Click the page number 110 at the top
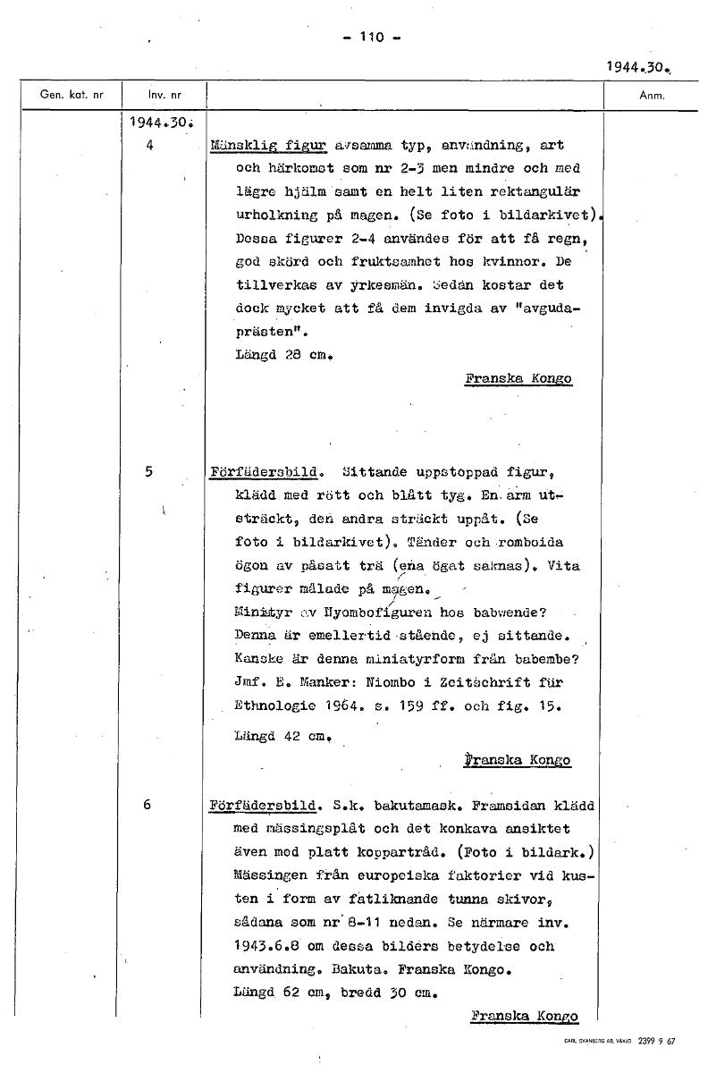(x=370, y=37)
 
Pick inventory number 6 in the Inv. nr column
(x=148, y=805)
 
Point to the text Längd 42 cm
(x=278, y=738)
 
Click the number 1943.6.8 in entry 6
(x=268, y=946)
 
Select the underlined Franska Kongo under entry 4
(x=518, y=378)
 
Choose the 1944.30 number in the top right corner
(x=636, y=66)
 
